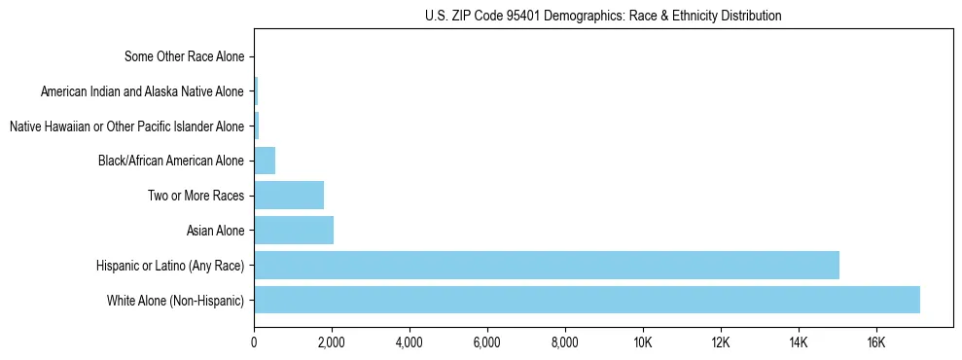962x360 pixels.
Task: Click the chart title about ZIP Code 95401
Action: [x=603, y=16]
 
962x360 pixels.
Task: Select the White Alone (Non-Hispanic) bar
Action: [x=587, y=300]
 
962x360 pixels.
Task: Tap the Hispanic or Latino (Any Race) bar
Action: [x=547, y=265]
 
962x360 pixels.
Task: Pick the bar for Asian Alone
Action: [x=294, y=230]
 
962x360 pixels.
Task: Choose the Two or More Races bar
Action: [x=289, y=195]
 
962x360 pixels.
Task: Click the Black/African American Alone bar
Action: [x=265, y=160]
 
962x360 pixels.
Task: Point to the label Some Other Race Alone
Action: [x=185, y=56]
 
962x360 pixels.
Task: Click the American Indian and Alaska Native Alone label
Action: [x=143, y=91]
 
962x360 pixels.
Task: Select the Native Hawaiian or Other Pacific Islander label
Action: [x=126, y=126]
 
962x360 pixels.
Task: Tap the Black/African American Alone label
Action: [x=171, y=160]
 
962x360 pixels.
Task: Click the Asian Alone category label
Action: [x=215, y=231]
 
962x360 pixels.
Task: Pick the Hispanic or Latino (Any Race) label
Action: [x=170, y=265]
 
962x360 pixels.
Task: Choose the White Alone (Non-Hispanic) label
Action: [x=176, y=300]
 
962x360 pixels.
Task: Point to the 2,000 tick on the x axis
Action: [x=332, y=342]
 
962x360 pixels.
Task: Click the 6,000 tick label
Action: [x=487, y=342]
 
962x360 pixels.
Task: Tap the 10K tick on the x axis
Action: [x=643, y=342]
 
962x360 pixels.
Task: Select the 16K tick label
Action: [x=876, y=342]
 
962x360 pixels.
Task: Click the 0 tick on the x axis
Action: [x=254, y=342]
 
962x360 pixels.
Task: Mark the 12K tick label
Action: [x=721, y=342]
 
